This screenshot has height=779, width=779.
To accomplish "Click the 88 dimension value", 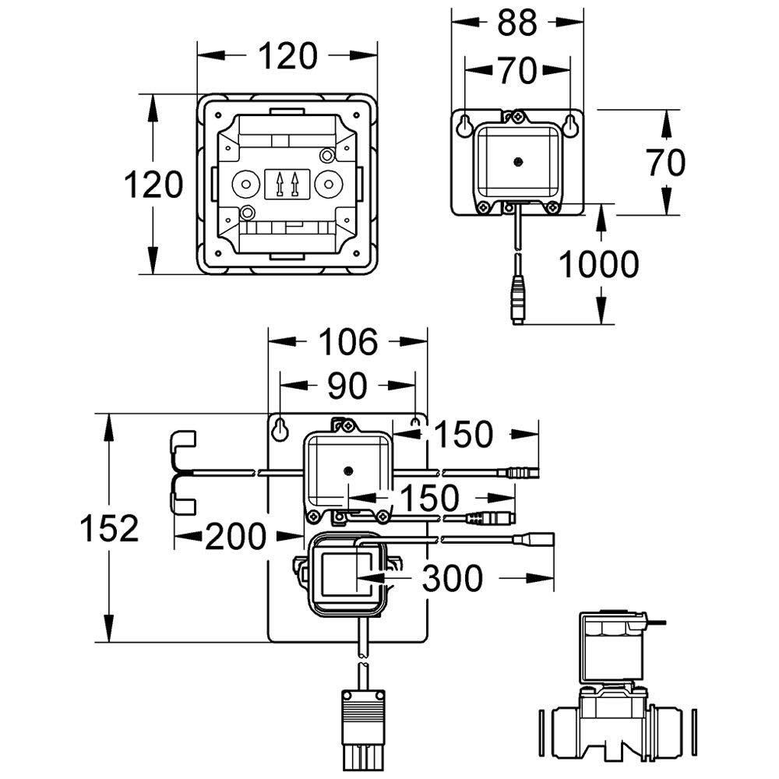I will click(517, 23).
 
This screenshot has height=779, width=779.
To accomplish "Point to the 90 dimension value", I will click(347, 386).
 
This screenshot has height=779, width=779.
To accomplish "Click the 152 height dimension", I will click(110, 529).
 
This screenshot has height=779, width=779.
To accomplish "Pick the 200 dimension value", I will click(236, 536).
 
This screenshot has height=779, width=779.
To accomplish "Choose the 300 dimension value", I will click(452, 578).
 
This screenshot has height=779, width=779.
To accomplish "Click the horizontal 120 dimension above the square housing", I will click(287, 56).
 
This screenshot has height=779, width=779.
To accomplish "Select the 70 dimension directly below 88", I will click(517, 71).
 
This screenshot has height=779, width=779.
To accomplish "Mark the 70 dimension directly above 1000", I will click(666, 162).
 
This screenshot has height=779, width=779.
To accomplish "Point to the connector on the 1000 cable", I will click(518, 299).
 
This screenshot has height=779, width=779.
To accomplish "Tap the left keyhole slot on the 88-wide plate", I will click(464, 125).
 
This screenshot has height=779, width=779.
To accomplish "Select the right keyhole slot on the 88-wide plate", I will click(571, 125).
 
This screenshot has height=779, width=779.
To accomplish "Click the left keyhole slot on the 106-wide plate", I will click(280, 427).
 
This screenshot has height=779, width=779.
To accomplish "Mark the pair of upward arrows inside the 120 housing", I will click(286, 185).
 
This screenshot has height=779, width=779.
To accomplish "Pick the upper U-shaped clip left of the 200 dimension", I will click(182, 445).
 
